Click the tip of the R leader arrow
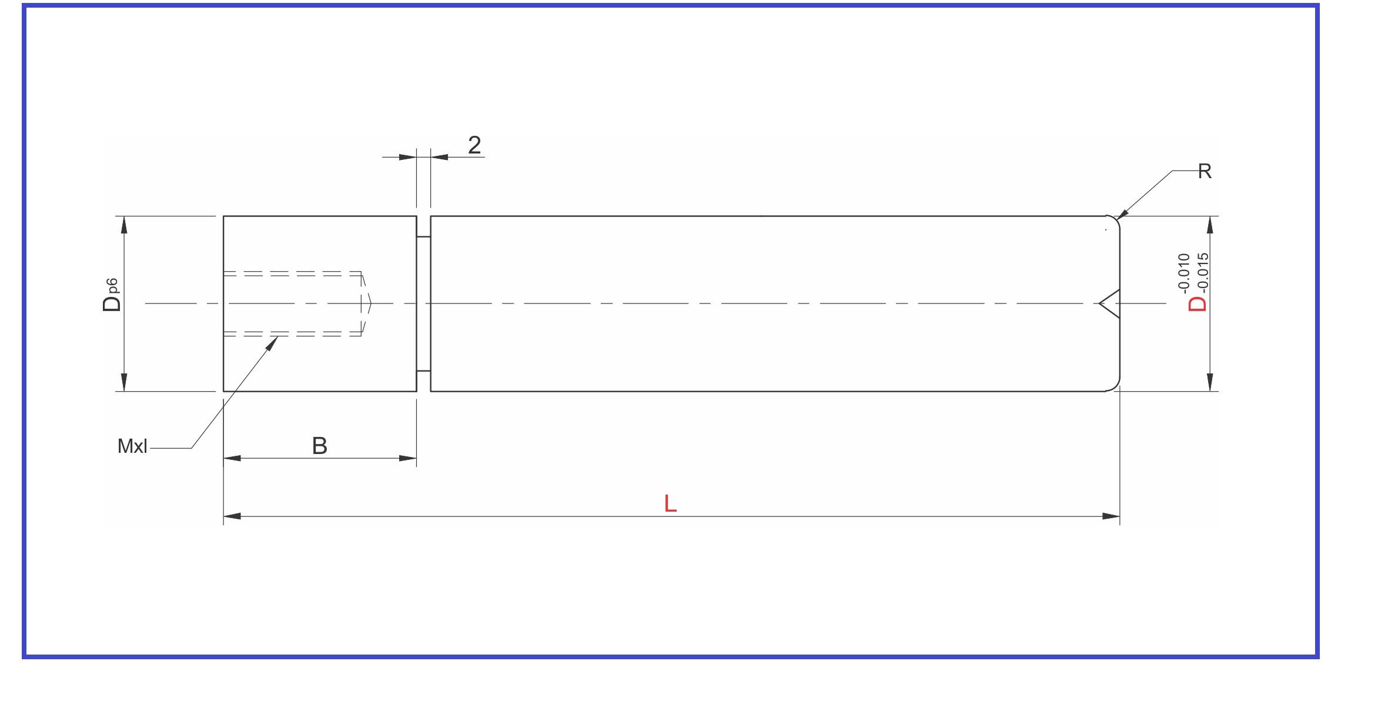[1116, 219]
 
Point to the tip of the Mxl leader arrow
[278, 336]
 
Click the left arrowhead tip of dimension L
[224, 516]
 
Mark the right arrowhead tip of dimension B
[416, 458]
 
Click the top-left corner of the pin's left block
[223, 216]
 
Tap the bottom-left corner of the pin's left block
[223, 391]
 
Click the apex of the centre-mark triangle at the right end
[1099, 303]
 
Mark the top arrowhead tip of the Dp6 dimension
[123, 216]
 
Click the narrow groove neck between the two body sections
[423, 303]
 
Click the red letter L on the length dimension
[670, 503]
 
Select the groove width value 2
[474, 145]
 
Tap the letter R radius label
[1205, 171]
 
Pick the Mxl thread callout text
[132, 446]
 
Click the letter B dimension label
[320, 446]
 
